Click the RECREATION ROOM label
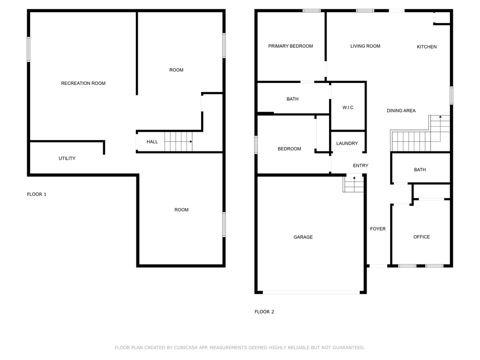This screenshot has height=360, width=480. (x=83, y=83)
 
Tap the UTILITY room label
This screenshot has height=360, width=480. (x=67, y=158)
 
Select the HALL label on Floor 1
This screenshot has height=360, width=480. (x=152, y=142)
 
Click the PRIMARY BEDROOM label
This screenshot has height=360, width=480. (x=291, y=46)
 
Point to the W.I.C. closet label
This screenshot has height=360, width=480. (x=348, y=108)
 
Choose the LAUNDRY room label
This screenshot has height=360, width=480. (x=347, y=143)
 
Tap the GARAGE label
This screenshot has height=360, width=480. (x=303, y=237)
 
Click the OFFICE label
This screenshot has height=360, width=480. (x=421, y=237)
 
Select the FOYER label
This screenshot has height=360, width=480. (x=378, y=229)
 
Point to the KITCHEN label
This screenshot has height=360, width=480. (x=427, y=47)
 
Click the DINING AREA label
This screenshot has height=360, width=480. (x=401, y=111)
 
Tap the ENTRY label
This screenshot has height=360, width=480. (x=360, y=165)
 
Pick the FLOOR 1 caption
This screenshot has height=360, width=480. (x=37, y=195)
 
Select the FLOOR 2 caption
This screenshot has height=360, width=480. (x=264, y=312)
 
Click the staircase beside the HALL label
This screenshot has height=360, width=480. (x=179, y=142)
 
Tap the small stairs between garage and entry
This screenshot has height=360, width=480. (x=353, y=183)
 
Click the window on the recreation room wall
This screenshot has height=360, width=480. (x=29, y=49)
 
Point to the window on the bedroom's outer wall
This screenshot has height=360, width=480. (x=256, y=145)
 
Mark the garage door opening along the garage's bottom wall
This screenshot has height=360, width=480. (x=311, y=292)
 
